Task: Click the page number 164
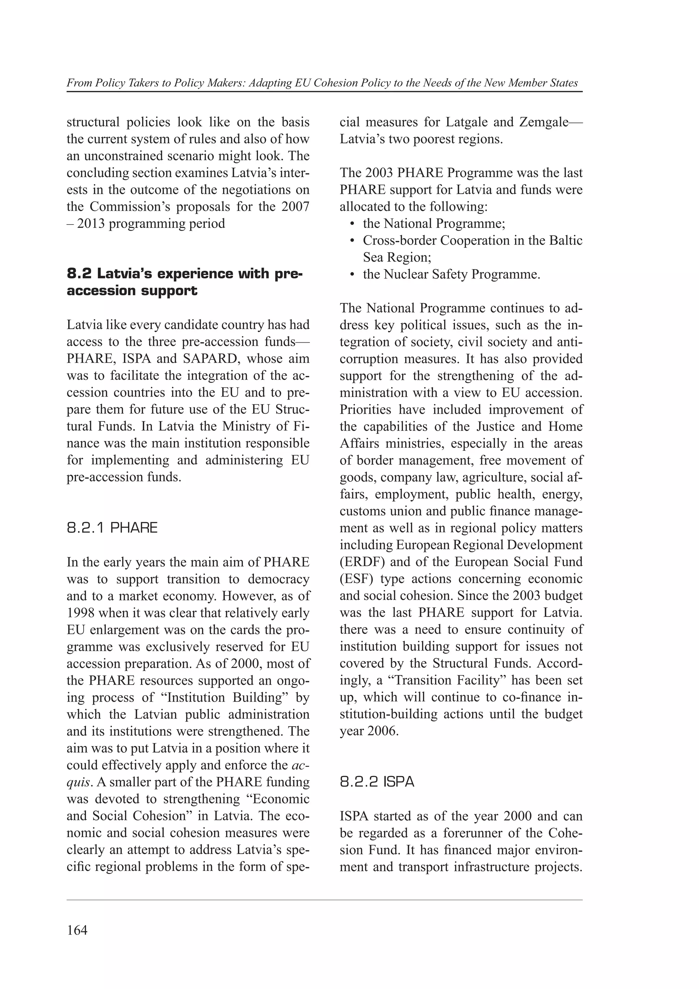(x=77, y=930)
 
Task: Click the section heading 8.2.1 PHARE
(x=112, y=528)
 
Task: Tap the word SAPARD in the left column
(x=211, y=359)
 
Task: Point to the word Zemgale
(x=544, y=122)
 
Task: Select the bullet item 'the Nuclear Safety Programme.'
(x=451, y=274)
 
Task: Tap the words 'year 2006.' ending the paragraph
(x=369, y=731)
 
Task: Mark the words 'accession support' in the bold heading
(x=132, y=291)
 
